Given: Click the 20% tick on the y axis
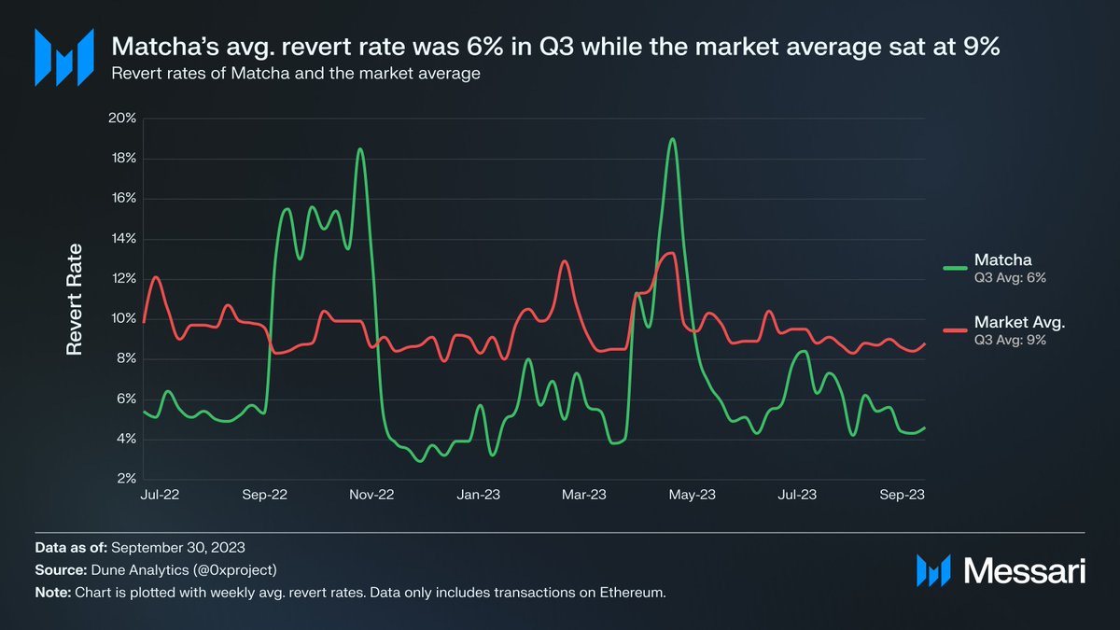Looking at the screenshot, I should click(123, 119).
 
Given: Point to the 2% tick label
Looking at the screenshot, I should click(126, 479).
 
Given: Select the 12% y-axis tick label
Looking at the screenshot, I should click(123, 279).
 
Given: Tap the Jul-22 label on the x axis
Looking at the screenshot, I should click(159, 497).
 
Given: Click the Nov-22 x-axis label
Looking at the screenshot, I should click(372, 497).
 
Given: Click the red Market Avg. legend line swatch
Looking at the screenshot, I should click(955, 329).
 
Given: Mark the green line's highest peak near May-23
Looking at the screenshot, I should click(672, 139).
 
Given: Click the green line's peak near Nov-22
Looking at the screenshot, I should click(360, 149).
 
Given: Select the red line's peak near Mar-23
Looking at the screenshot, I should click(564, 261).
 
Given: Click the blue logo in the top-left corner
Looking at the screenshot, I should click(63, 57).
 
